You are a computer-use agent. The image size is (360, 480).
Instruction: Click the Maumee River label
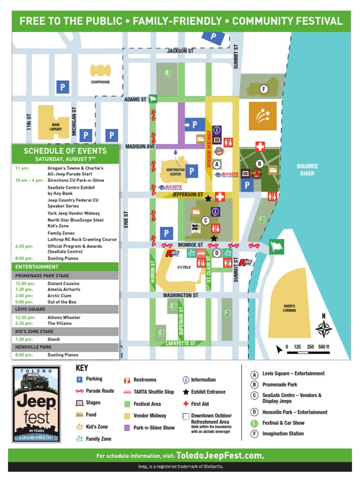coord(307,170)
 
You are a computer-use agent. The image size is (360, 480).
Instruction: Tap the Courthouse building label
coord(100,82)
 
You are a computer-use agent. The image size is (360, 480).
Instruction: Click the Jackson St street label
coord(180,51)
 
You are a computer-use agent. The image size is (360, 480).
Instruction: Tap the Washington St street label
coord(180,295)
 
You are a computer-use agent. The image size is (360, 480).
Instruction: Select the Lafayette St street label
coord(180,344)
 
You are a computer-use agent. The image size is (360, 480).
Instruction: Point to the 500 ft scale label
coord(324,347)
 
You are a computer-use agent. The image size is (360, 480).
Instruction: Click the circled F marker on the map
coord(263,89)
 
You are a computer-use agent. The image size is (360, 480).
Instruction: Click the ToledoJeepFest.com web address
coord(220,456)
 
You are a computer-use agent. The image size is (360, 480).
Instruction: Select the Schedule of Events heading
coord(65,151)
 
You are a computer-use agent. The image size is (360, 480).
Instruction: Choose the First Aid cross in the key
coord(186,404)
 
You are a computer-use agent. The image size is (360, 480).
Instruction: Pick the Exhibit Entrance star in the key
coord(186,392)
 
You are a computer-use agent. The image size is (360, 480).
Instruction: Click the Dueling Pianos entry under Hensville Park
coord(63,355)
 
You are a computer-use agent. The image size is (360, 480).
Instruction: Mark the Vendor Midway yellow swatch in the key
coord(127,416)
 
